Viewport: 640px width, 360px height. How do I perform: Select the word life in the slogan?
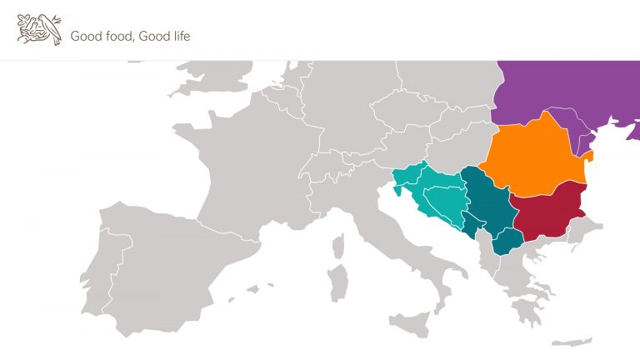coord(178,36)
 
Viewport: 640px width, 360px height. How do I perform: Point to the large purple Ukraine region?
coord(567,92)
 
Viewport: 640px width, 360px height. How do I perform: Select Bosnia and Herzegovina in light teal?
coord(442,200)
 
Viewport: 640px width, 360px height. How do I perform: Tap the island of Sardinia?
coord(337,279)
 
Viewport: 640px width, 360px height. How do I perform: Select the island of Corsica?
coord(339,246)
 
